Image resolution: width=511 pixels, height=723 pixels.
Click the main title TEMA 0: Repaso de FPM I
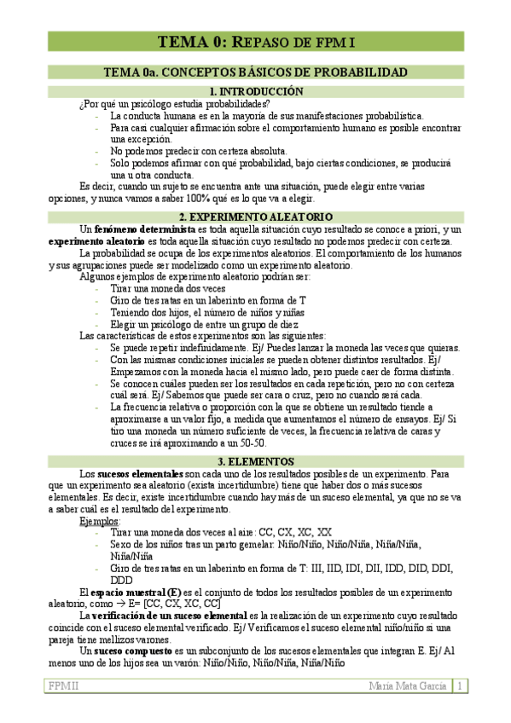(x=255, y=41)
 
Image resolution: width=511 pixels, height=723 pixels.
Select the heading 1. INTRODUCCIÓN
(x=255, y=91)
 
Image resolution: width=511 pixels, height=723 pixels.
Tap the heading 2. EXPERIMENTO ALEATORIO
(x=255, y=217)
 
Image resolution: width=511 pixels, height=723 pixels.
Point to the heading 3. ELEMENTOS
(x=255, y=461)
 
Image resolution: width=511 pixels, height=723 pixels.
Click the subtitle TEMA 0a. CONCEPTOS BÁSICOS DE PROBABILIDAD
(x=255, y=72)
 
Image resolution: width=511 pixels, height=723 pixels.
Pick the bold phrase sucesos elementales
(x=139, y=473)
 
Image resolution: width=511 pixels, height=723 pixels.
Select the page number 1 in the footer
(x=459, y=685)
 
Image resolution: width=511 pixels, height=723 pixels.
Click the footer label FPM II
(x=62, y=685)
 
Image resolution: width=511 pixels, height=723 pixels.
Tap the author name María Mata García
(x=408, y=685)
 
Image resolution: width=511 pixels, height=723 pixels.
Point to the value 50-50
(x=250, y=443)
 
